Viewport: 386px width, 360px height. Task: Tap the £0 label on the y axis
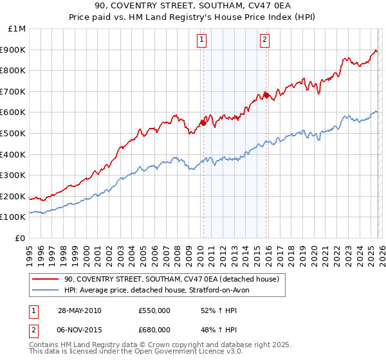click(20, 238)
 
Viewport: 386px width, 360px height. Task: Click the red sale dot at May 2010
click(203, 123)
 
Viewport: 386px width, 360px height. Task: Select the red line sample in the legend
click(46, 279)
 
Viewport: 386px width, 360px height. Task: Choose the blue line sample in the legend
click(46, 290)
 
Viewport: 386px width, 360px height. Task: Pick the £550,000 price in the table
click(154, 310)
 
